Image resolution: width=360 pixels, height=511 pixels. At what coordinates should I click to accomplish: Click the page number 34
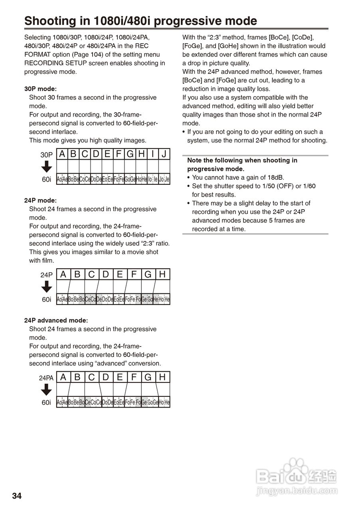coord(17,496)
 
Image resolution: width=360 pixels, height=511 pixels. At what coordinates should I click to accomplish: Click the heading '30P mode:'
coord(40,89)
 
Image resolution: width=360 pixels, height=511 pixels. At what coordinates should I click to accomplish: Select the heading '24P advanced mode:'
coord(56,321)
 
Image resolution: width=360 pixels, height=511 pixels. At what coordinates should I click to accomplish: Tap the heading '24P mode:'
coord(40,200)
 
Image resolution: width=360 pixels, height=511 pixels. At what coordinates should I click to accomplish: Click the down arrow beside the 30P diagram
coord(47,167)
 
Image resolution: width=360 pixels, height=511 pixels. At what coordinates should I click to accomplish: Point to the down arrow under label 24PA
coord(47,390)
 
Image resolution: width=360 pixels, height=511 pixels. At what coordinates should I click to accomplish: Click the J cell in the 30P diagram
coord(164,154)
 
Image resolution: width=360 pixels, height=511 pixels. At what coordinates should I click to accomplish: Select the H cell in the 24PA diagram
coord(162,377)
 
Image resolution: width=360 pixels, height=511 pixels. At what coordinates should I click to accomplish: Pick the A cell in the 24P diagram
coord(63,274)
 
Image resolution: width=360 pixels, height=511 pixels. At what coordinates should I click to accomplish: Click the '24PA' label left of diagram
coord(46,378)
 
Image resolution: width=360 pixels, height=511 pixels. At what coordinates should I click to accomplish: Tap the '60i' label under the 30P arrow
coord(47,180)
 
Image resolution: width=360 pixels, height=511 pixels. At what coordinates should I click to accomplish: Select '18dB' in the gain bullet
coord(275,178)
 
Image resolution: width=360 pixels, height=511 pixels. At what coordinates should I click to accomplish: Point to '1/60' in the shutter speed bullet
coord(309,186)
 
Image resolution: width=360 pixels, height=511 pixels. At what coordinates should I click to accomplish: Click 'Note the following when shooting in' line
coord(242,160)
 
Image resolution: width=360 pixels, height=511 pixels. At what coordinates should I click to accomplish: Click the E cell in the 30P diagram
coord(107,154)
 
